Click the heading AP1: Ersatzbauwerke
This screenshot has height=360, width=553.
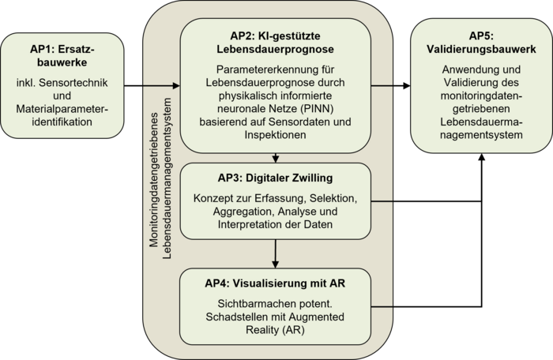tap(62, 56)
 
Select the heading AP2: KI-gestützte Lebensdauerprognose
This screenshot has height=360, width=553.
tap(275, 43)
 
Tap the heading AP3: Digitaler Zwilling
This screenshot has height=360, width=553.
tap(275, 178)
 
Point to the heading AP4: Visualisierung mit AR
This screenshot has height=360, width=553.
tap(275, 283)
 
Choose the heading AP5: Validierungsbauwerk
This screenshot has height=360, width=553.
tap(481, 43)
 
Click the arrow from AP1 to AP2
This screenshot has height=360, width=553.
tap(152, 85)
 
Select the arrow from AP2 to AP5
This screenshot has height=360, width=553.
tap(390, 85)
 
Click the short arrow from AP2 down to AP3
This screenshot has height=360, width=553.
tap(276, 158)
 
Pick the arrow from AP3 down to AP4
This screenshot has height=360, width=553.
tap(276, 254)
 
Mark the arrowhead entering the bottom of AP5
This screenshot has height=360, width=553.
tap(481, 157)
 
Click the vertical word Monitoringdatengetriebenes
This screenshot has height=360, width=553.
tap(154, 180)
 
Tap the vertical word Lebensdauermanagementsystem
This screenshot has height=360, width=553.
tap(167, 178)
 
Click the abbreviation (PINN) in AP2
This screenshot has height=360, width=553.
tap(317, 109)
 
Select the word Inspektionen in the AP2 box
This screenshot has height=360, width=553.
tap(275, 135)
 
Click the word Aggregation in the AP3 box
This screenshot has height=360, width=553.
tap(243, 212)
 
